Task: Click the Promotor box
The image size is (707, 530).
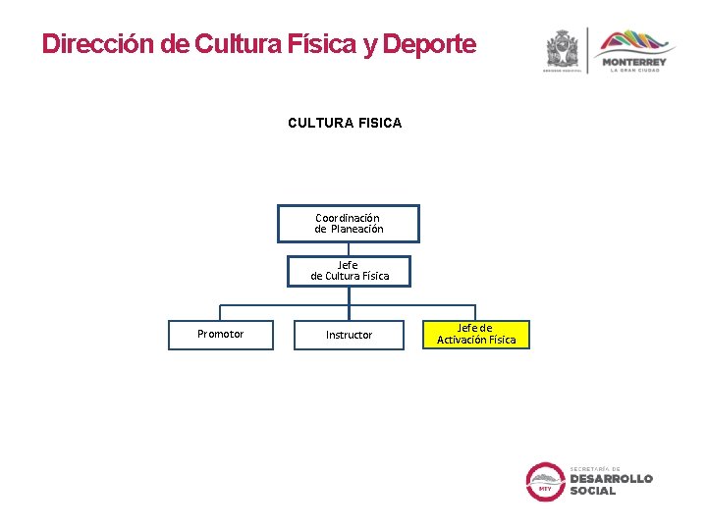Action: [220, 335]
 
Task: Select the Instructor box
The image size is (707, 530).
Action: [349, 335]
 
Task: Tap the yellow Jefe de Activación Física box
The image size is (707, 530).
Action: [476, 335]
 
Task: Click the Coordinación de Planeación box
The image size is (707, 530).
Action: [349, 223]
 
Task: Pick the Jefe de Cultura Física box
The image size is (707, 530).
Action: [349, 271]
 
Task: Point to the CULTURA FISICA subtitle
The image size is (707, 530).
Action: [345, 123]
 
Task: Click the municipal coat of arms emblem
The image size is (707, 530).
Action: [564, 49]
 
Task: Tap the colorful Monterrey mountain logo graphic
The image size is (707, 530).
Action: [635, 43]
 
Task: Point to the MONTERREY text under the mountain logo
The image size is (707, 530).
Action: [634, 62]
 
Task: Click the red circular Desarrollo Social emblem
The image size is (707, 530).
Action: [545, 481]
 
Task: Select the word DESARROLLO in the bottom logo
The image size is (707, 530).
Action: [611, 478]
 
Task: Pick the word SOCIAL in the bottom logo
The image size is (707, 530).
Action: [593, 491]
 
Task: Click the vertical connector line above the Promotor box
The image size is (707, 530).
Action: [220, 312]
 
